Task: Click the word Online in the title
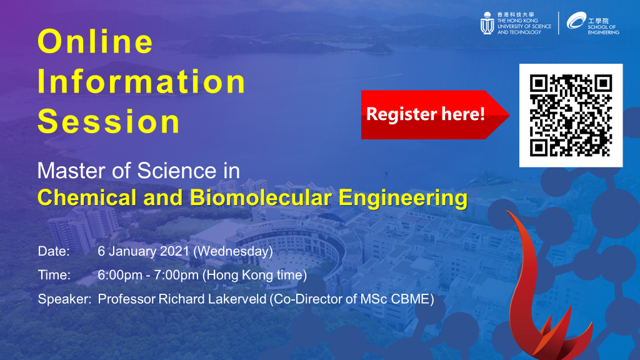(95, 42)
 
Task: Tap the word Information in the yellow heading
(142, 82)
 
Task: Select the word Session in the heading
(109, 122)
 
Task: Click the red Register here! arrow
(435, 115)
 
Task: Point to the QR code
(571, 116)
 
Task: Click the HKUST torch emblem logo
(487, 23)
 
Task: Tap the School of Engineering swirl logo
(576, 21)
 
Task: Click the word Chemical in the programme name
(87, 197)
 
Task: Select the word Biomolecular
(261, 197)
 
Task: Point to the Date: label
(54, 251)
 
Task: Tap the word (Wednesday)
(233, 251)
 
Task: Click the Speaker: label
(64, 299)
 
